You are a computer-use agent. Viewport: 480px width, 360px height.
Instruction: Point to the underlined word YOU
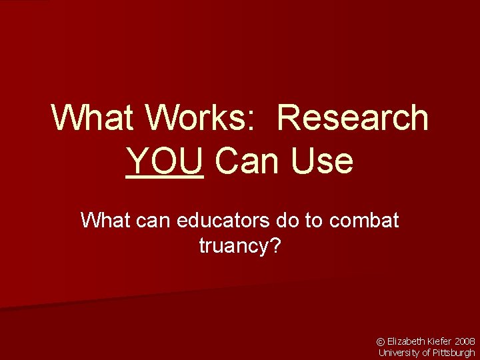(x=164, y=161)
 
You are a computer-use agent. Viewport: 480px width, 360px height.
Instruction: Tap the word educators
(x=227, y=220)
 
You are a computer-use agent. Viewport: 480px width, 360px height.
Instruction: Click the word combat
(x=364, y=220)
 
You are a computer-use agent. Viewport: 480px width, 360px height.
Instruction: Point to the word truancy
(x=233, y=247)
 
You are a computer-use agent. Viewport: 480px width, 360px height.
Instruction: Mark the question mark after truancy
(x=275, y=246)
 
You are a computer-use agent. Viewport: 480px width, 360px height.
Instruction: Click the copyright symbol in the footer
(x=381, y=341)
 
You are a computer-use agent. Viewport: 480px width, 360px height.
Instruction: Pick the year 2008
(x=465, y=341)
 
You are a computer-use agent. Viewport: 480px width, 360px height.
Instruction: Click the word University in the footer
(x=398, y=353)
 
